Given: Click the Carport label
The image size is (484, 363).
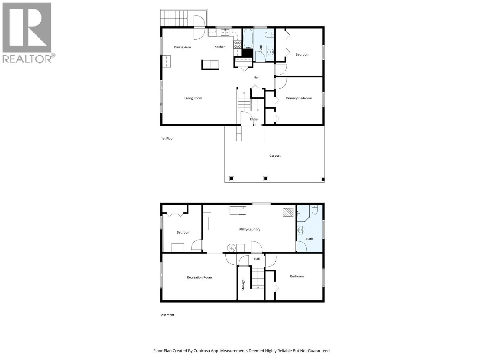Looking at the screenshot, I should click(275, 156).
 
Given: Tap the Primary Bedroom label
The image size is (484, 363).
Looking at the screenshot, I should click(299, 98).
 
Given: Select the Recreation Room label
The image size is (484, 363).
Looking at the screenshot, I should click(199, 277).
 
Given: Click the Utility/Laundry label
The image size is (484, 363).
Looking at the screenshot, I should click(249, 229).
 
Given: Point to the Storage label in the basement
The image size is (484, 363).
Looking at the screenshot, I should click(243, 285).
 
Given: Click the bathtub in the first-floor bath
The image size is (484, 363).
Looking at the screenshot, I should click(248, 39).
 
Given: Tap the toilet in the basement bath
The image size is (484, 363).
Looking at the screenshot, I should click(314, 210).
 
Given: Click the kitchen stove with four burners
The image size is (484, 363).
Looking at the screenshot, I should click(237, 45).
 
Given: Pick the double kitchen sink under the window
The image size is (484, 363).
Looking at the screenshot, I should click(224, 32).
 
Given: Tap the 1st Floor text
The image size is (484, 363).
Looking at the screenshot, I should click(167, 139).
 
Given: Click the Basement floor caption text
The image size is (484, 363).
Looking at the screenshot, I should click(167, 315).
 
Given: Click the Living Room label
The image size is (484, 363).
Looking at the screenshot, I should click(193, 98).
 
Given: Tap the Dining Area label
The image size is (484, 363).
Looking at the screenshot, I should click(182, 47).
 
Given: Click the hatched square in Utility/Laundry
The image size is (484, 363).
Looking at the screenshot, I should click(288, 212).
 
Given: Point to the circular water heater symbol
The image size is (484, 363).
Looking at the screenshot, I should click(231, 248).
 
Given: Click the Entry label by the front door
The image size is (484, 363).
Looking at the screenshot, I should click(254, 119).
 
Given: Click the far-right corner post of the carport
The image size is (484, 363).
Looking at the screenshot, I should click(323, 179).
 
